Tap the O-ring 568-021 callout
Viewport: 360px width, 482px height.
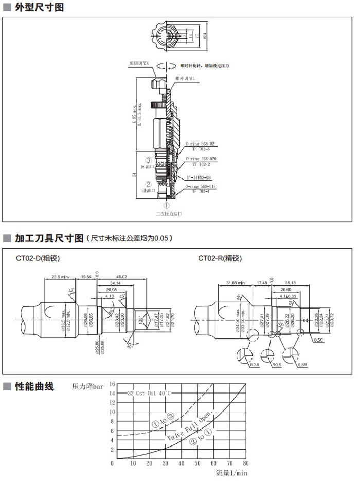[201, 145]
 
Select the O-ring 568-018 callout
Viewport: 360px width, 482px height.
[201, 187]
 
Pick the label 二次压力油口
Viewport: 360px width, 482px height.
[169, 213]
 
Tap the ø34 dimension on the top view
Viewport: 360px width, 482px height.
[205, 35]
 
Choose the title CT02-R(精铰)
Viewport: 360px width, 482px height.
[220, 258]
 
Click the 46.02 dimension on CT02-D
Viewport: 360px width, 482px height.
[122, 277]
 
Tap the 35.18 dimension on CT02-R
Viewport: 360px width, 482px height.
[304, 282]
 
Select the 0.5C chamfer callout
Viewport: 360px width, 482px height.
[319, 340]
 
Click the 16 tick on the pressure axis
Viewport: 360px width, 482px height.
[112, 384]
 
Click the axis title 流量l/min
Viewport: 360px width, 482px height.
[231, 473]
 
